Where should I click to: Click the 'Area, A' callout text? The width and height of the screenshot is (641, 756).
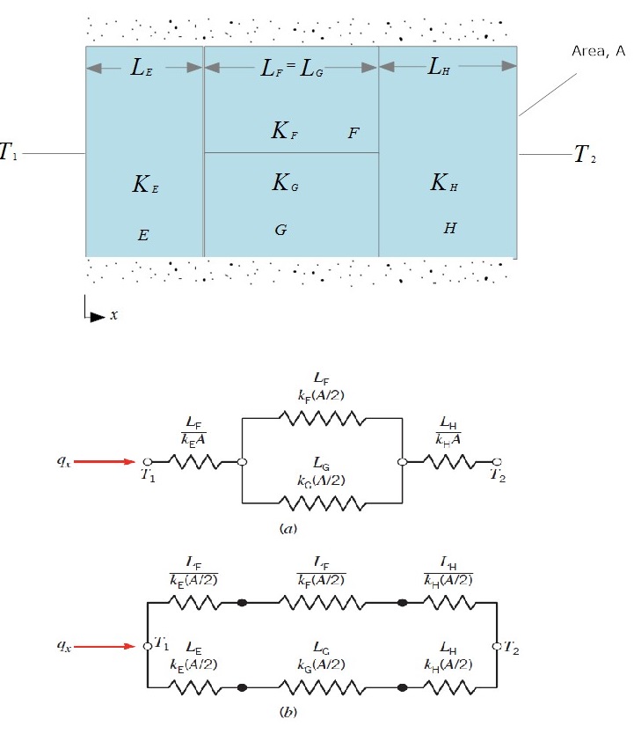[x=596, y=52]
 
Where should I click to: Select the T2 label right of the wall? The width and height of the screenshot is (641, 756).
[x=584, y=155]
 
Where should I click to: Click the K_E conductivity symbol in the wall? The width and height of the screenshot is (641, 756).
[x=145, y=184]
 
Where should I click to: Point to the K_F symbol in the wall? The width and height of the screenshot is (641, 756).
[x=287, y=132]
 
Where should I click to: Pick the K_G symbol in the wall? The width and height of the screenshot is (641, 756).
[x=287, y=183]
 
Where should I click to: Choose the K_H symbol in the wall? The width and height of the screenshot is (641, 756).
[x=446, y=183]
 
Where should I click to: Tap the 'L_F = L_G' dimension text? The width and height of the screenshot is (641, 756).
[x=291, y=69]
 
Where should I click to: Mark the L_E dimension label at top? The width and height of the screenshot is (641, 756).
[x=143, y=69]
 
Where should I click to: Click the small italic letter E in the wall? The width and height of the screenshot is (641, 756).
[x=143, y=235]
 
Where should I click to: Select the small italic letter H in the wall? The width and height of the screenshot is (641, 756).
[x=449, y=228]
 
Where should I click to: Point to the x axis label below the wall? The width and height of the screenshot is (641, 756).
[x=114, y=314]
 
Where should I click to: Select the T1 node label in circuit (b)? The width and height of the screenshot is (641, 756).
[x=161, y=646]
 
